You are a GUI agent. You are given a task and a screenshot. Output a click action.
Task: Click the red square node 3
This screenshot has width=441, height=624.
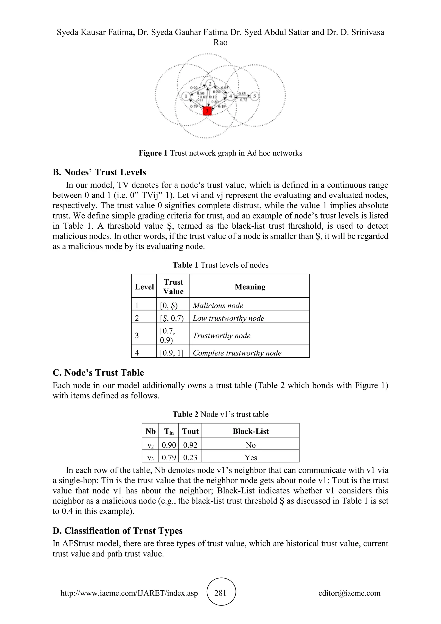(207, 111)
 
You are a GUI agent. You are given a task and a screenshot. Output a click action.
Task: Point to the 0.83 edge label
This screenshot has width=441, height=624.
(242, 94)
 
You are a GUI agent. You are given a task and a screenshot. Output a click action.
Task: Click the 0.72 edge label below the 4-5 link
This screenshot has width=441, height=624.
(243, 100)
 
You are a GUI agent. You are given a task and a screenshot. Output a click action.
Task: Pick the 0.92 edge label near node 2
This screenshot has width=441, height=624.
(194, 88)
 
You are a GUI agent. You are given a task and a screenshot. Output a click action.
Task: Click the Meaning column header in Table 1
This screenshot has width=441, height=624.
(250, 287)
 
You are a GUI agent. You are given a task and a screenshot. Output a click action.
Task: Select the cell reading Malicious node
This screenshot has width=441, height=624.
(218, 306)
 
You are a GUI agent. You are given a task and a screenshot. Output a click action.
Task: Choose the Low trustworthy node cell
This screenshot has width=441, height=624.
(228, 318)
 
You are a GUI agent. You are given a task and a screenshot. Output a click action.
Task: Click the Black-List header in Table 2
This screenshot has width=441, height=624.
(250, 431)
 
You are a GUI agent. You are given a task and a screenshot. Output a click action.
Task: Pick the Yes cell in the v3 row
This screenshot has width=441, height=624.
(250, 457)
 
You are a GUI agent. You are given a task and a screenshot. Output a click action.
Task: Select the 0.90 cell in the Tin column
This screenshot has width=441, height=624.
(169, 445)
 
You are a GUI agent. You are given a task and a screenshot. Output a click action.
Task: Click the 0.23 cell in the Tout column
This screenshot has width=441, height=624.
(190, 457)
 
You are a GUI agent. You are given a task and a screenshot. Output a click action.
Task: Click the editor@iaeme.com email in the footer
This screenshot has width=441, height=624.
(349, 593)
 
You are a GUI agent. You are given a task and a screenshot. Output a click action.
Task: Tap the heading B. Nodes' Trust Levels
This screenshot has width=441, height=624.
(99, 172)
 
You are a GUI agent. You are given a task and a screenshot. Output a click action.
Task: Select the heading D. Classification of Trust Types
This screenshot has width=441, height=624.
(118, 531)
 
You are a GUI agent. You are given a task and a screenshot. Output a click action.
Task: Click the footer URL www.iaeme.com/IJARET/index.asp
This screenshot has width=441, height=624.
(129, 593)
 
